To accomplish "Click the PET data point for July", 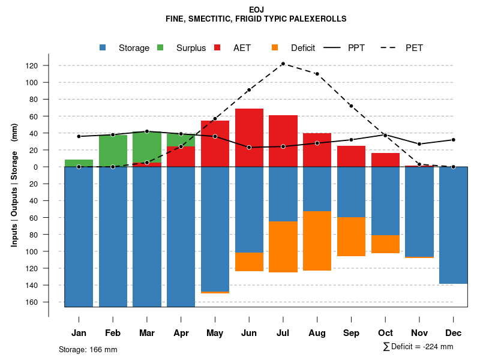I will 283,64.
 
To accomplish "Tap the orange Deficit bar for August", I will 317,241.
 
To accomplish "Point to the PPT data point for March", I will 147,131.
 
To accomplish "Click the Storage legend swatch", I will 103,48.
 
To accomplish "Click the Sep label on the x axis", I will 351,333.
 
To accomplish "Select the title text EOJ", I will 256,10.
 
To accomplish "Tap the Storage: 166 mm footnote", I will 88,349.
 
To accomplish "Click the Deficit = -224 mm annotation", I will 418,346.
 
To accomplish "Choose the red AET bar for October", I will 385,160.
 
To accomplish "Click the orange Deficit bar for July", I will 283,247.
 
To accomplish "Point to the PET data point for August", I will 317,74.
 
